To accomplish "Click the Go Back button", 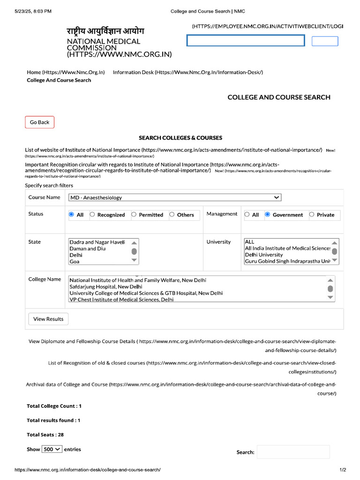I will tap(39, 122).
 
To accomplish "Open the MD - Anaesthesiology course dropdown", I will tap(174, 198).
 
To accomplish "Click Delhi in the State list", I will tap(76, 255).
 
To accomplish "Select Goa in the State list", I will tap(75, 262).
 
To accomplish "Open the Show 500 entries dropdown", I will tap(52, 449).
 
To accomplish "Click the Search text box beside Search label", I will tap(293, 452).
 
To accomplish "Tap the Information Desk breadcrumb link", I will tap(187, 72).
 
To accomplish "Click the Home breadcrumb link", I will tap(66, 72).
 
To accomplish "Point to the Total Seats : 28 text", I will tap(45, 435).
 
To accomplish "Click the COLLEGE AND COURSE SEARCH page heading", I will tap(278, 97).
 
